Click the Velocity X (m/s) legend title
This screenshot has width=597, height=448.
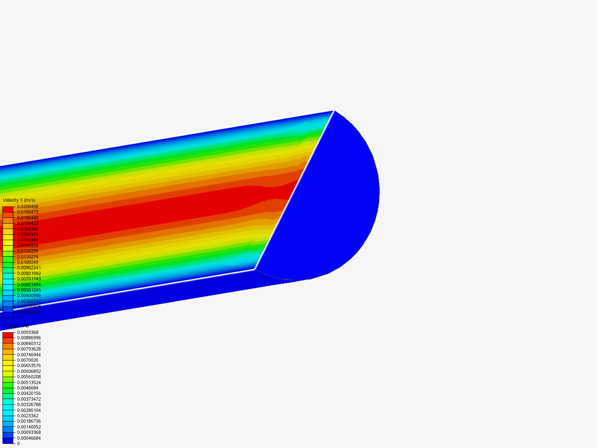coord(19,200)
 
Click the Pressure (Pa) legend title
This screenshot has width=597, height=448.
coord(16,326)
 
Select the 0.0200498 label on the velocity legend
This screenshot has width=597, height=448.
coord(27,207)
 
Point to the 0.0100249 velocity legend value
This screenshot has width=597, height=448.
coord(27,262)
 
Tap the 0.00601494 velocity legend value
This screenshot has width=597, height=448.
coord(29,285)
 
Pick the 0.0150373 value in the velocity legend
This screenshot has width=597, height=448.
coord(27,234)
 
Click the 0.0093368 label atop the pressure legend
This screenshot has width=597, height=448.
coord(27,332)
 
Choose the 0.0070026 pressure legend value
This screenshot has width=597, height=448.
coord(27,360)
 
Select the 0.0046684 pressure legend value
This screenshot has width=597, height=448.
coord(27,388)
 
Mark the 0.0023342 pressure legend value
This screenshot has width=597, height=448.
coord(27,416)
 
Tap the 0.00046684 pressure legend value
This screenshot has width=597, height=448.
coord(29,438)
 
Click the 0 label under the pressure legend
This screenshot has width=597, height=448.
coord(18,443)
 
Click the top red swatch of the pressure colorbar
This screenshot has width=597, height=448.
coord(8,335)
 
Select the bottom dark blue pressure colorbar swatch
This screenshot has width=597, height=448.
coord(8,441)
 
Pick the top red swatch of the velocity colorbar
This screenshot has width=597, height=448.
coord(8,209)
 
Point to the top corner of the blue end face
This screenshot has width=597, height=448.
coord(334,111)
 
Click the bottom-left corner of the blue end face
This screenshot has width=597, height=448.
coord(255,269)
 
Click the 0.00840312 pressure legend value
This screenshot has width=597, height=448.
coord(29,343)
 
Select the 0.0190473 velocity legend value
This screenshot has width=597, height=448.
coord(27,212)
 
